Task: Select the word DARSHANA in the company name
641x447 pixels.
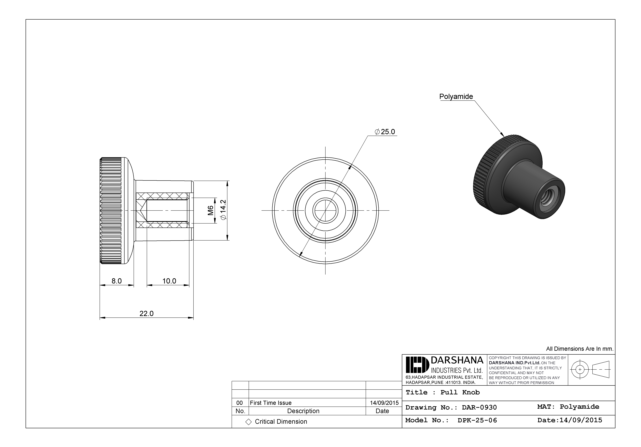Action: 457,360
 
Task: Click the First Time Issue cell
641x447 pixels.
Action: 270,403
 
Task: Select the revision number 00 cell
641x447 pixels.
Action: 240,403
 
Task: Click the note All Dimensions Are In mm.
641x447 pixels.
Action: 580,349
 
